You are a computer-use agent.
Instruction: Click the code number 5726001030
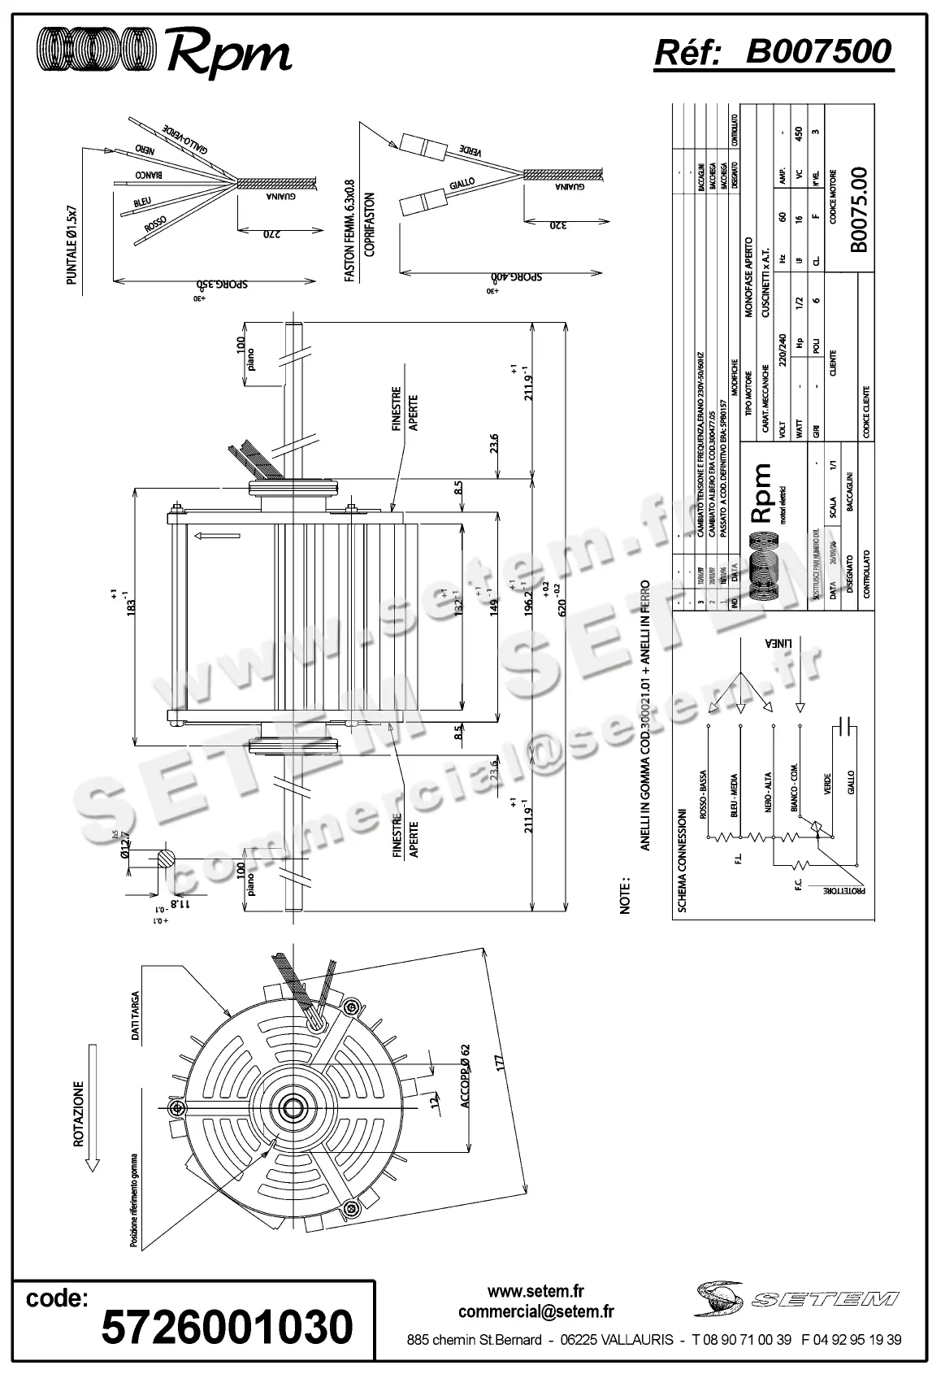[x=227, y=1326]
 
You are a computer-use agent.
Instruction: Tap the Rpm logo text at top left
[x=228, y=54]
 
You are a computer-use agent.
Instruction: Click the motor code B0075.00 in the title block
[x=860, y=209]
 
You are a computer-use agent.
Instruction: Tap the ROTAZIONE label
[x=79, y=1113]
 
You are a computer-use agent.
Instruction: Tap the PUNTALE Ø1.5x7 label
[x=72, y=245]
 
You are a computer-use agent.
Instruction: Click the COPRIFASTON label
[x=369, y=224]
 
